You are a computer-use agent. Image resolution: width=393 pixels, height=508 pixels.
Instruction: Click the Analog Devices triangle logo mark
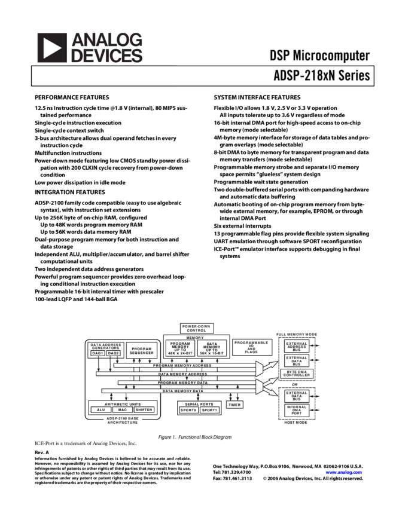coord(52,47)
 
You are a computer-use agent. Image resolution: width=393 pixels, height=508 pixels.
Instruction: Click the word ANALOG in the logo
coord(107,39)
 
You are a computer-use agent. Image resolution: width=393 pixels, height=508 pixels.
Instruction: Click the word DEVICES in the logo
coord(107,56)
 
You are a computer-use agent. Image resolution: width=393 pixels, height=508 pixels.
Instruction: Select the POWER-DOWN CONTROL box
coord(196,328)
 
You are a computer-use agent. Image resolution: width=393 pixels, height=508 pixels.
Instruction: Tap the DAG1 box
coord(98,353)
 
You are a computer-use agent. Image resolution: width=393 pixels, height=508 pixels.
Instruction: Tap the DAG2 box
coord(114,353)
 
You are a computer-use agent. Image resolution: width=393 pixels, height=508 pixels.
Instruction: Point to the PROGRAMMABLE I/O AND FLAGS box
coord(252,347)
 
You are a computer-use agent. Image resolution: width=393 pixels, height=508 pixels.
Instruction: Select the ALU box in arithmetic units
coord(100,410)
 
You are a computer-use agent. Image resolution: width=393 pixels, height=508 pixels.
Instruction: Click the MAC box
coord(122,410)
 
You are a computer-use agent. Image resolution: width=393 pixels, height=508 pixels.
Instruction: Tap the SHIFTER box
coord(144,410)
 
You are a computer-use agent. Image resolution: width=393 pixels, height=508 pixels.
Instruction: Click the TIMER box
coord(234,405)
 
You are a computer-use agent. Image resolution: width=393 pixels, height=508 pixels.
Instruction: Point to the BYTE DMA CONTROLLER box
coord(297,374)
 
